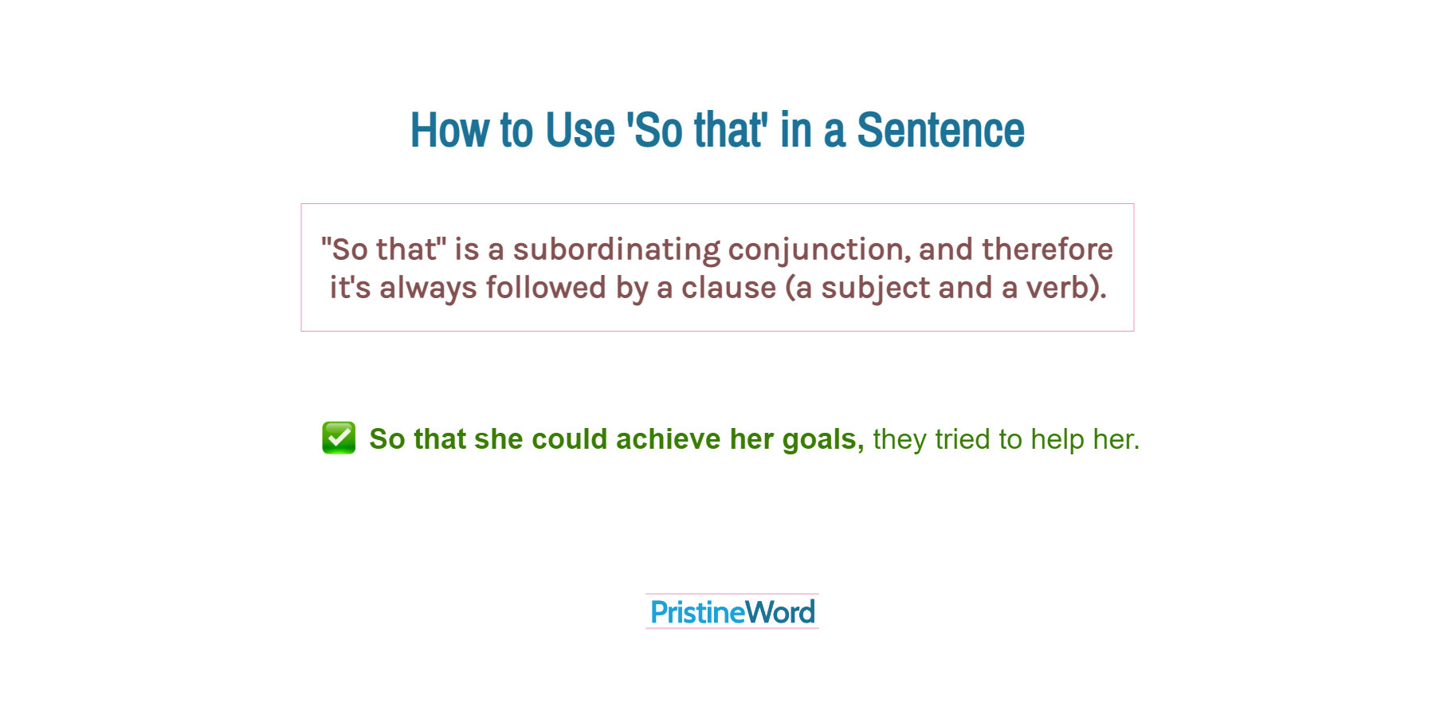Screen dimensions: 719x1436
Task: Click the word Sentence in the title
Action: [940, 130]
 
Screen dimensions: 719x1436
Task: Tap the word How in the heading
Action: [449, 130]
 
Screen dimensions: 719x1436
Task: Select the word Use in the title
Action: [580, 130]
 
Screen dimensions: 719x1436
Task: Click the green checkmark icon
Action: [339, 438]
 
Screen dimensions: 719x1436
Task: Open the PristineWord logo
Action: [732, 612]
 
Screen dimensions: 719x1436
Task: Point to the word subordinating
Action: [616, 249]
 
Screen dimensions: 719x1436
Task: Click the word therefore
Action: [1047, 249]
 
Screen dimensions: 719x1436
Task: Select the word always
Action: [427, 288]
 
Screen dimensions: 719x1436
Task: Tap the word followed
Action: [546, 288]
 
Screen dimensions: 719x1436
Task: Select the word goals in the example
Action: [822, 439]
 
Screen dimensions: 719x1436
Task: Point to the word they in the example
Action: [900, 439]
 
